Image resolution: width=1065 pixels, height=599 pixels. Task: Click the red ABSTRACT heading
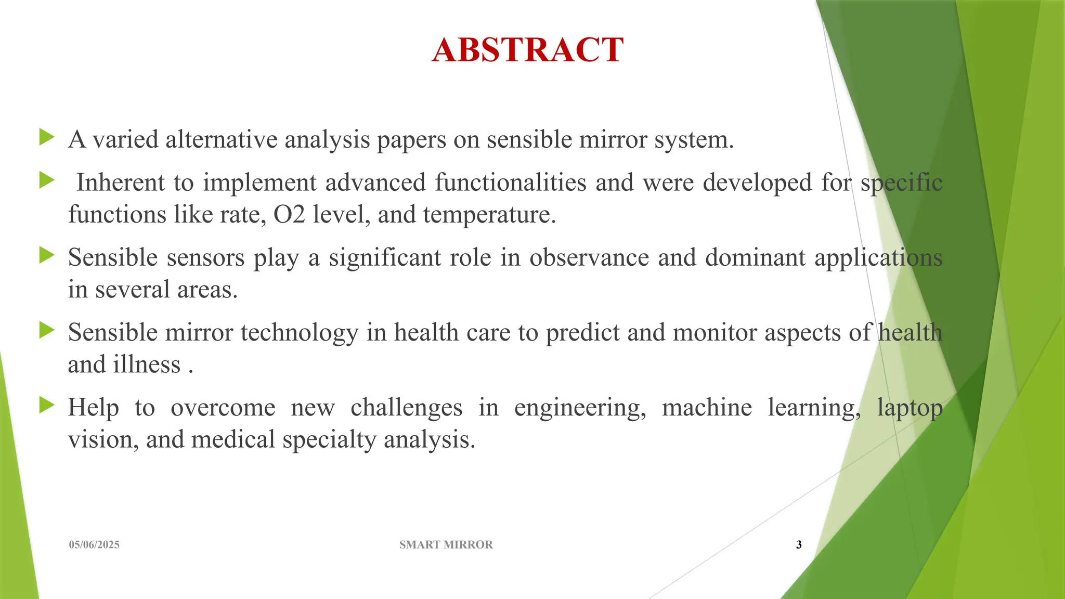click(527, 50)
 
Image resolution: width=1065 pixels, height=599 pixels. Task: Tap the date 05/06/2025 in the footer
click(94, 544)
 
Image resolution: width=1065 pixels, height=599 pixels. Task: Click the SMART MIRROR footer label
click(446, 544)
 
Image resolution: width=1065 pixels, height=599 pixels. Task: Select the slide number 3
click(799, 544)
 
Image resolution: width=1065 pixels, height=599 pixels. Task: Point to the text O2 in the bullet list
click(289, 215)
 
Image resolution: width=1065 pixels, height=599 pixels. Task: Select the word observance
click(589, 258)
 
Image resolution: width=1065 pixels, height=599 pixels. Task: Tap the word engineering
click(580, 408)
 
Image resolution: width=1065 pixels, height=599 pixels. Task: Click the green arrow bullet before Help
click(47, 405)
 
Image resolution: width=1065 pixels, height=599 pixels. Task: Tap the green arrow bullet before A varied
click(47, 138)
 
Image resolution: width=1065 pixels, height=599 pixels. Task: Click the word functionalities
click(510, 183)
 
